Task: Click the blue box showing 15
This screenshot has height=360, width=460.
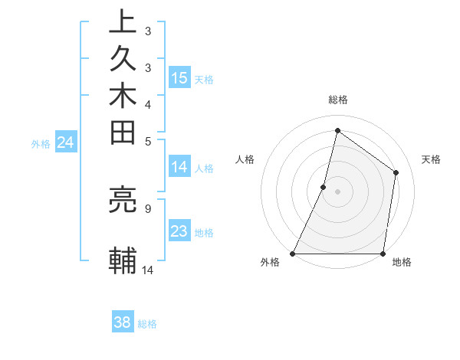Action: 179,78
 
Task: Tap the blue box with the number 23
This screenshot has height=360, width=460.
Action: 179,231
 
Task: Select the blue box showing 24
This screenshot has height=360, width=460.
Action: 66,142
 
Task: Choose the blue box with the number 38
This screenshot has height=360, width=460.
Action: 123,322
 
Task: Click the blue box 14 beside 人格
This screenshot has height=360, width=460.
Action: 179,167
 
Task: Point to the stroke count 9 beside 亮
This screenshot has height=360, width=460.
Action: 147,207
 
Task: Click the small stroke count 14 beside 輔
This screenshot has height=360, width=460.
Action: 148,269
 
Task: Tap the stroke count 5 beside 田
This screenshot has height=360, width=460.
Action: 147,140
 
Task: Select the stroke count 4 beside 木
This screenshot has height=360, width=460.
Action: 147,103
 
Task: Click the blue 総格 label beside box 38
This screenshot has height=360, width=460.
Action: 147,324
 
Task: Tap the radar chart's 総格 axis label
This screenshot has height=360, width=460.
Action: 337,100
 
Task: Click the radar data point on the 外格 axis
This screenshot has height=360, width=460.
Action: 293,254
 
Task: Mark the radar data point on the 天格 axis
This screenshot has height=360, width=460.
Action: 396,172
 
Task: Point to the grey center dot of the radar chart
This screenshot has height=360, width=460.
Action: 337,191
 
